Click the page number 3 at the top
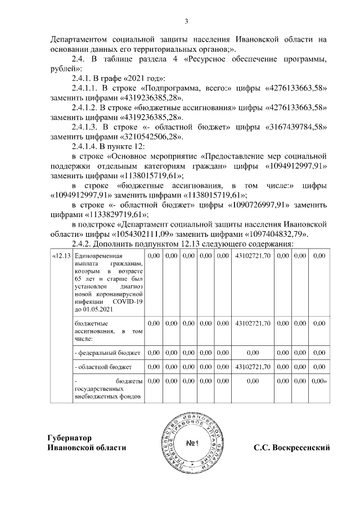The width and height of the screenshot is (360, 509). point(186,21)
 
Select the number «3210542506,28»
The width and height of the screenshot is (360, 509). point(151,137)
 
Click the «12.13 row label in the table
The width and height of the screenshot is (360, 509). point(60,256)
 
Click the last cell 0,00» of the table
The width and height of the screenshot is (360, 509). point(319,381)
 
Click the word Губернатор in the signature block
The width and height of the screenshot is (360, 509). point(70,438)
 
